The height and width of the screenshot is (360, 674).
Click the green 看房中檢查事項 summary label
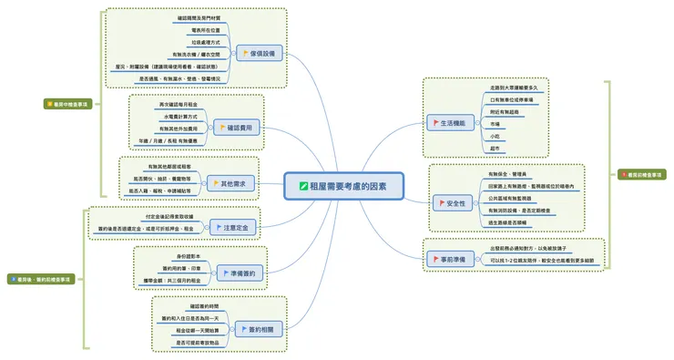click(66, 105)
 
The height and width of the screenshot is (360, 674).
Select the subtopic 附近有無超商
click(506, 111)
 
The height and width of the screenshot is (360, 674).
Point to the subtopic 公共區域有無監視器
click(516, 198)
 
